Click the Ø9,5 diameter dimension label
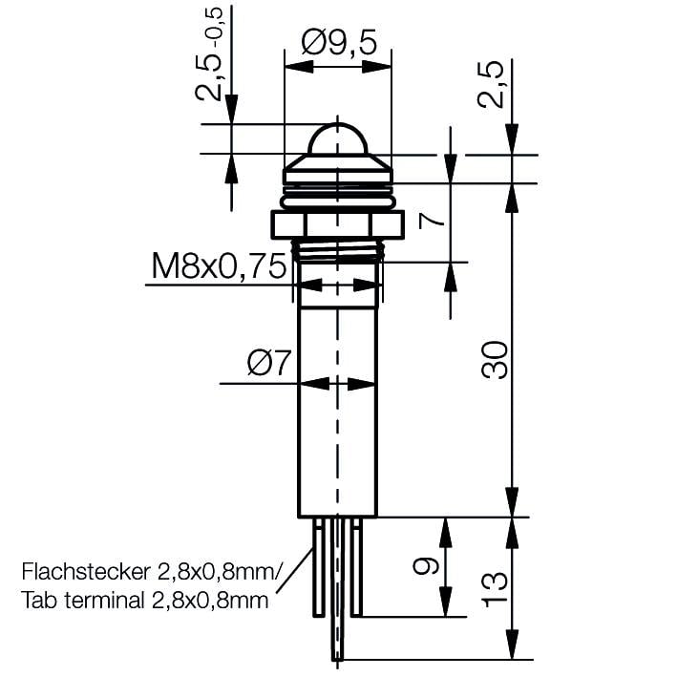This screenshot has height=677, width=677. [339, 42]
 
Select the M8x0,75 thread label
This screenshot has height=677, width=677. [219, 266]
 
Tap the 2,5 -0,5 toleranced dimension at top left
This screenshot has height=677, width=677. [212, 57]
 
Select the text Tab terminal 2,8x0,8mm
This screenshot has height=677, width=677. [143, 602]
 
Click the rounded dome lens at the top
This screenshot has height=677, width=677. [338, 138]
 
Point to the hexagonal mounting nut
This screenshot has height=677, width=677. [338, 225]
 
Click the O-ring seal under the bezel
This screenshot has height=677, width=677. [338, 201]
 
